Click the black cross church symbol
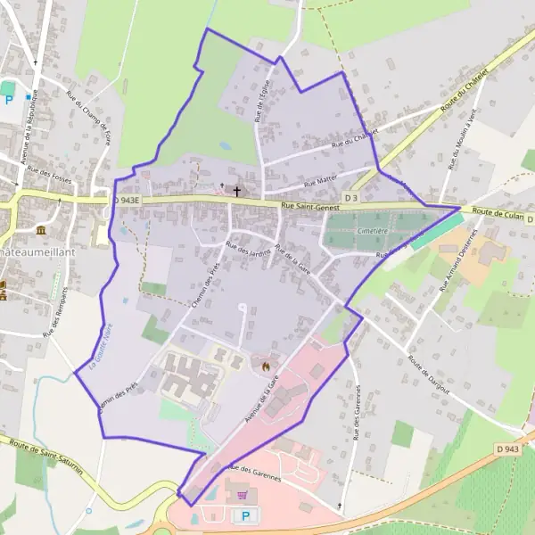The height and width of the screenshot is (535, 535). click(237, 189)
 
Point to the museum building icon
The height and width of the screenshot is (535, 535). click(41, 230)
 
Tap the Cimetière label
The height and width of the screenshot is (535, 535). click(372, 230)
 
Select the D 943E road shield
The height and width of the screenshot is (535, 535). click(128, 201)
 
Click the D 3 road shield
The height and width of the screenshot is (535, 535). click(350, 197)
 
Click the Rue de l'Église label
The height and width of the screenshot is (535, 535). click(261, 108)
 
